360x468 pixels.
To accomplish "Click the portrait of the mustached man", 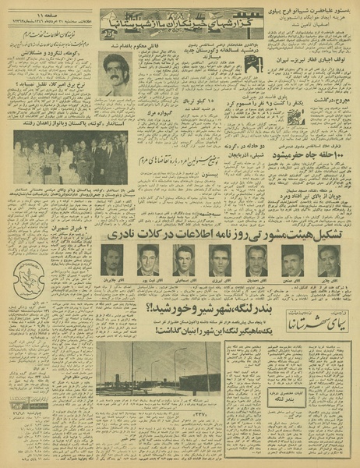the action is coord(116,75).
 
